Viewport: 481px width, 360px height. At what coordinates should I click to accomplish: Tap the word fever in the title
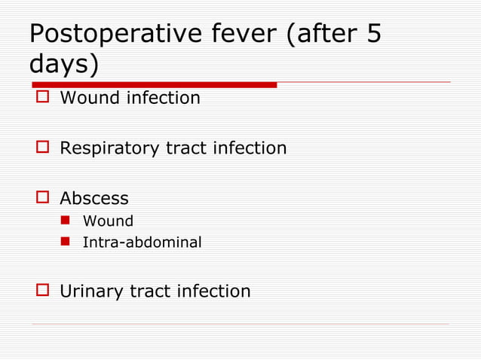click(x=240, y=35)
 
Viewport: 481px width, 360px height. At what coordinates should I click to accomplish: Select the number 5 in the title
click(x=374, y=35)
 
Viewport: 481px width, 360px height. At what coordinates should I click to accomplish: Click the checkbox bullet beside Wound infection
click(x=42, y=98)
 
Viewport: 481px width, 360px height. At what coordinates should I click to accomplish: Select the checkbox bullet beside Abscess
click(x=42, y=199)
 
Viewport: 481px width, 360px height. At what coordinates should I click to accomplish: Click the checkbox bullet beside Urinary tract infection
click(x=42, y=291)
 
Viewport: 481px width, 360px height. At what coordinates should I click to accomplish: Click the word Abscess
click(x=94, y=199)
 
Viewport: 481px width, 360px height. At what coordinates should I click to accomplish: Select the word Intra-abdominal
click(x=142, y=243)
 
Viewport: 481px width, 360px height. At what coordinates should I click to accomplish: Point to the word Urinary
click(x=92, y=291)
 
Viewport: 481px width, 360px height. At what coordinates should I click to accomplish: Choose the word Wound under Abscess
click(x=108, y=221)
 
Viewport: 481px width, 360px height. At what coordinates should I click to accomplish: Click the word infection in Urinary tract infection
click(x=213, y=291)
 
